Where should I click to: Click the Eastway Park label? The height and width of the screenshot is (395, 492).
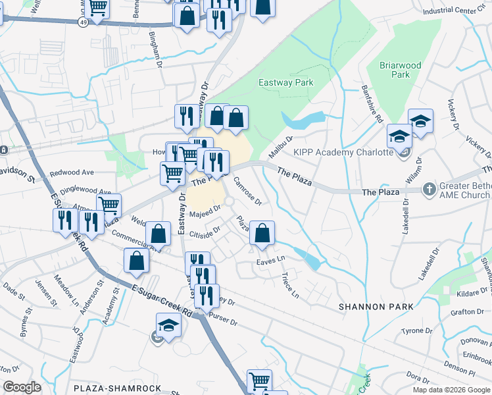pos(285,82)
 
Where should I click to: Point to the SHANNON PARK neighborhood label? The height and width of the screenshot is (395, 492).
pos(376,307)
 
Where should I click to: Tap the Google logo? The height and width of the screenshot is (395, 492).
pos(22,387)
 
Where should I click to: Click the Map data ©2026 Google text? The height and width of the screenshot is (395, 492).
pos(451,390)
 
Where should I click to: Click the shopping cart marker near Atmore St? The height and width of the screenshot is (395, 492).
pos(109,205)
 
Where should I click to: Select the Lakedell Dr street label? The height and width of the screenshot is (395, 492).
pos(406,217)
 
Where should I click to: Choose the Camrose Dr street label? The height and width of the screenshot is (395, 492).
pos(249,192)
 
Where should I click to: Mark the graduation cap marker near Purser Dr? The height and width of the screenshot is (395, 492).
pos(168,325)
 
